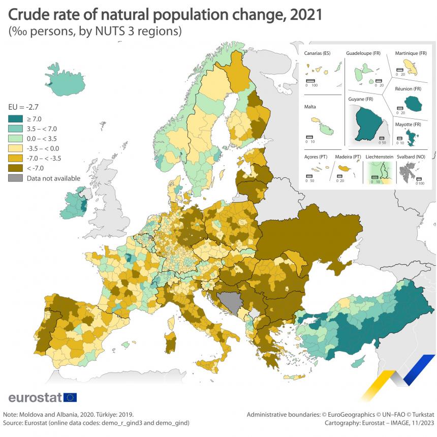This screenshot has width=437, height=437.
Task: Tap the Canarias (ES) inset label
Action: [x=317, y=53]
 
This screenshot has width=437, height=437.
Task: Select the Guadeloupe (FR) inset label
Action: [x=363, y=53]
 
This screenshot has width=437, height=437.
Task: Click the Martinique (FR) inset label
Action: [x=411, y=53]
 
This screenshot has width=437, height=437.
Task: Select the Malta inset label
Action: [x=310, y=107]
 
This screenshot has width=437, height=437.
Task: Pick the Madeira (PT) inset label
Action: [x=348, y=157]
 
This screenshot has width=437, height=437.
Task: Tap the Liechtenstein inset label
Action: [x=379, y=157]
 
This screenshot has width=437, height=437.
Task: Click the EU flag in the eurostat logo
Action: [x=70, y=397]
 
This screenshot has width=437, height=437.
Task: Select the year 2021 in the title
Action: [x=305, y=14]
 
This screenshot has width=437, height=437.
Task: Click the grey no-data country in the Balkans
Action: [x=232, y=303]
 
